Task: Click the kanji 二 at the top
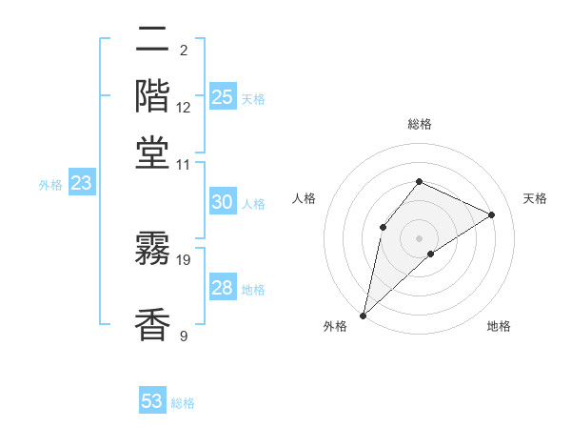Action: tap(152, 41)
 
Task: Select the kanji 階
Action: tap(152, 95)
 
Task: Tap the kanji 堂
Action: tap(152, 153)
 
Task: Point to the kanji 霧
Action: tap(152, 250)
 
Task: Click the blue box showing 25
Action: tap(223, 96)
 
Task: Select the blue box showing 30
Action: tap(223, 202)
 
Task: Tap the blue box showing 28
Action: tap(223, 288)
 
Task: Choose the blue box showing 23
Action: tap(81, 184)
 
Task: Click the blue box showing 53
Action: tap(152, 401)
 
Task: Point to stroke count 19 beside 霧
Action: tap(185, 259)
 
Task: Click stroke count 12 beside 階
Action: tap(184, 107)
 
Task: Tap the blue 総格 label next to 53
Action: tap(183, 403)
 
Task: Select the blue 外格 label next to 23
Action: tap(50, 186)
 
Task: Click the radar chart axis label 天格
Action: tap(535, 198)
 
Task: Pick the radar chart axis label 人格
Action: tap(304, 198)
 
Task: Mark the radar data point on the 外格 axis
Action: tap(363, 315)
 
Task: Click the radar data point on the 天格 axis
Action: tap(492, 214)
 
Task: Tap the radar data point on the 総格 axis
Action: tap(419, 181)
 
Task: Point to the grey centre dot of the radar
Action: tap(419, 237)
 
